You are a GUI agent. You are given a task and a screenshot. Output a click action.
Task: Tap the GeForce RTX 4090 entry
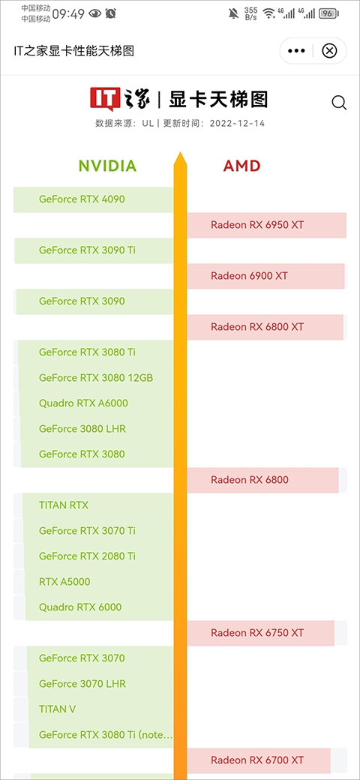[82, 199]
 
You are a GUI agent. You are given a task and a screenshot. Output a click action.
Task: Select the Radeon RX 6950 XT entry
[257, 225]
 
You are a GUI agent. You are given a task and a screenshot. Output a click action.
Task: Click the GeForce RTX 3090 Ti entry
[87, 250]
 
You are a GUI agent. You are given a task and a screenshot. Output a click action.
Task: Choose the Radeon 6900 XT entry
[249, 275]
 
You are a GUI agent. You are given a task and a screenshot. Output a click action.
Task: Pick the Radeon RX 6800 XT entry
[257, 327]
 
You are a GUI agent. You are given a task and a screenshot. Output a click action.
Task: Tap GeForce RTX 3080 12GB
[96, 378]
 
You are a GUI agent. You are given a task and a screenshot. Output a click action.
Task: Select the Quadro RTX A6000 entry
[83, 403]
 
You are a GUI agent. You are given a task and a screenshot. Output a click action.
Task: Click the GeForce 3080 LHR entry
[82, 428]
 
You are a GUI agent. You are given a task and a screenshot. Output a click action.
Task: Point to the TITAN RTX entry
[64, 505]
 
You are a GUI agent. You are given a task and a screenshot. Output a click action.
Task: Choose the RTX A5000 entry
[64, 581]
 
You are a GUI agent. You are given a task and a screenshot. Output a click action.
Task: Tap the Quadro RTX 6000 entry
[80, 607]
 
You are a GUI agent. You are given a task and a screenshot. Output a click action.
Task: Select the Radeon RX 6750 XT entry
[257, 633]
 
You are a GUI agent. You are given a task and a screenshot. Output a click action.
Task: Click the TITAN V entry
[57, 709]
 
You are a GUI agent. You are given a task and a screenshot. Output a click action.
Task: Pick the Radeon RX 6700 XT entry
[257, 760]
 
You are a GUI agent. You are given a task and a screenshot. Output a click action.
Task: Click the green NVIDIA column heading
[107, 166]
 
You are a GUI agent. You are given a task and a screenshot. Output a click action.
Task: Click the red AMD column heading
[242, 166]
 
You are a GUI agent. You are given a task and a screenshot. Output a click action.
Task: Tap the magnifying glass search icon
[339, 103]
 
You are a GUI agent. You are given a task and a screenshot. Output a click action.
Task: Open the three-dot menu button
[296, 51]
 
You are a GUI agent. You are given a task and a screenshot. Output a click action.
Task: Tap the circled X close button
[329, 51]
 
